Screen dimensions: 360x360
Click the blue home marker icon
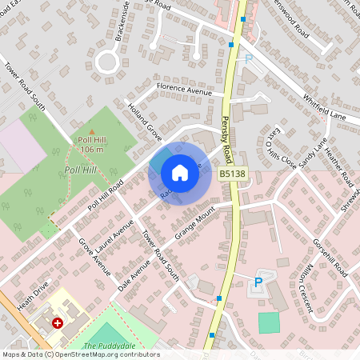(180, 173)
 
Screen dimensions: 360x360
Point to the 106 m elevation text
(92, 150)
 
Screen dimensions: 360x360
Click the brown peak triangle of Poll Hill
(92, 132)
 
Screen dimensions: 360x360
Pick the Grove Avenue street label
(94, 257)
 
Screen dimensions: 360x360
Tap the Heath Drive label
(31, 292)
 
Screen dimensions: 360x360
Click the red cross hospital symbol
(58, 323)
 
